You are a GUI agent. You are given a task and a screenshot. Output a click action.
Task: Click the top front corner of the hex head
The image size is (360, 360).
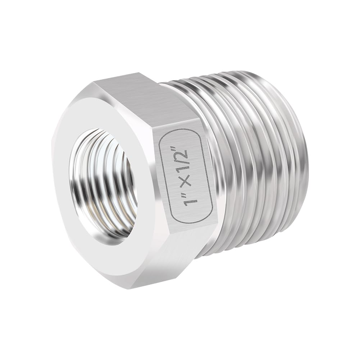[94, 82]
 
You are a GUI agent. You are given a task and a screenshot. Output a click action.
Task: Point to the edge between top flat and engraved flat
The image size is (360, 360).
[173, 108]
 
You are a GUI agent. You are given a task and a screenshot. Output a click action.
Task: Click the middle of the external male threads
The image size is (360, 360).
[252, 162]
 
